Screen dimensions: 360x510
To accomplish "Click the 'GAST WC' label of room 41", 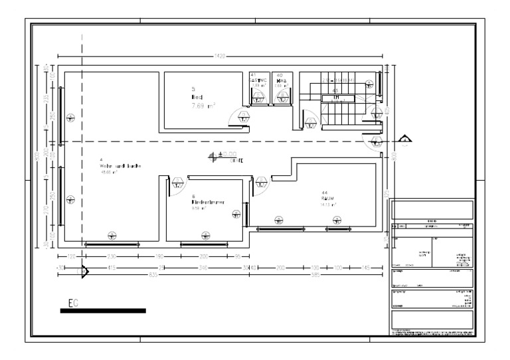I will [258, 80].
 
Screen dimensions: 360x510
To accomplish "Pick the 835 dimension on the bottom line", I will [153, 274].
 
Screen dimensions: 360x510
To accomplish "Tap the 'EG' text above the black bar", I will [73, 303].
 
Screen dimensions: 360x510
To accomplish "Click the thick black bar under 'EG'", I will [103, 310].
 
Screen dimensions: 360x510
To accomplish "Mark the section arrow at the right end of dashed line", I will [405, 139].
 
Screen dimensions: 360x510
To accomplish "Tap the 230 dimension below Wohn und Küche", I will [112, 256].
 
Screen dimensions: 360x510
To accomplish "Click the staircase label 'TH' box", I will [337, 98].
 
